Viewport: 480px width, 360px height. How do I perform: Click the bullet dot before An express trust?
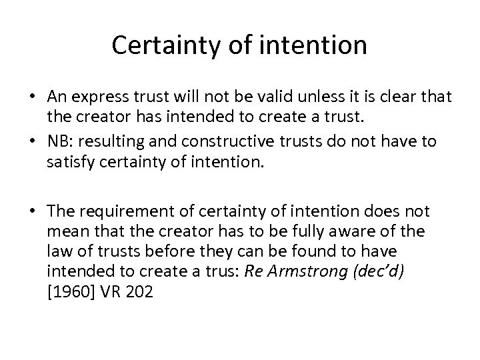pos(33,99)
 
